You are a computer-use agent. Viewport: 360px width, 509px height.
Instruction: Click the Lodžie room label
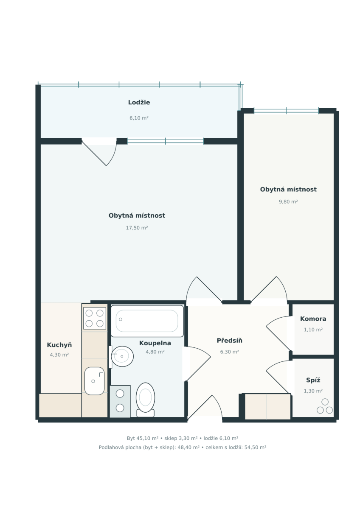click(x=139, y=102)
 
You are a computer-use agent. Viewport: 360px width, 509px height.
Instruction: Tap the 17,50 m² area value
click(x=137, y=228)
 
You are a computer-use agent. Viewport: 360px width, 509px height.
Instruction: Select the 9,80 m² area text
click(x=288, y=201)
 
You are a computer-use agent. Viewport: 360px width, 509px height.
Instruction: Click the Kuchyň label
click(x=59, y=345)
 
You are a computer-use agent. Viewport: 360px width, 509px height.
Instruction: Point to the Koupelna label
click(x=155, y=343)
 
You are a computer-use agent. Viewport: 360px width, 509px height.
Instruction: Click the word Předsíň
click(x=230, y=341)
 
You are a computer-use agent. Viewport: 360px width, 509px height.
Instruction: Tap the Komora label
click(x=313, y=319)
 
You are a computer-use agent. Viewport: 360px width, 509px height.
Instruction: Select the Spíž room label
click(x=313, y=380)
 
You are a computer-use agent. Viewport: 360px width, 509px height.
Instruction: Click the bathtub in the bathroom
click(x=147, y=321)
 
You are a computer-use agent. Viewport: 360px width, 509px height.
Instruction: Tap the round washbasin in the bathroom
click(x=122, y=356)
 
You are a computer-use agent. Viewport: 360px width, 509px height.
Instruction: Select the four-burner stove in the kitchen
click(x=95, y=318)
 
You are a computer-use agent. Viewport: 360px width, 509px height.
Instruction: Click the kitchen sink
click(x=94, y=381)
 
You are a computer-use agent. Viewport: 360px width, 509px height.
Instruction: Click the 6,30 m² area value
click(x=230, y=352)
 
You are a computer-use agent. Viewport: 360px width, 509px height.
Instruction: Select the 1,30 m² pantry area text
click(x=313, y=391)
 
